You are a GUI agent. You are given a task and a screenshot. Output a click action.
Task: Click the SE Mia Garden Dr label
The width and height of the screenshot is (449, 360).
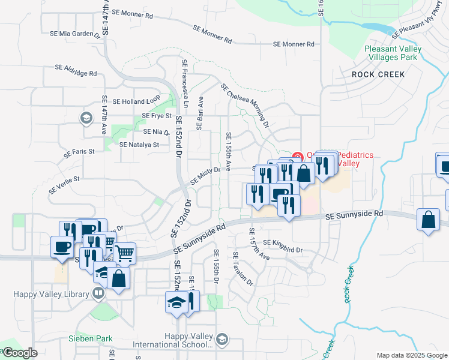(x=80, y=34)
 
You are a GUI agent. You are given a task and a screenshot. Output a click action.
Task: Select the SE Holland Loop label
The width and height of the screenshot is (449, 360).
(x=136, y=101)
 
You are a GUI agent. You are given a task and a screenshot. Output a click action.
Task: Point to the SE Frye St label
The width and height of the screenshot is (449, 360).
(x=157, y=116)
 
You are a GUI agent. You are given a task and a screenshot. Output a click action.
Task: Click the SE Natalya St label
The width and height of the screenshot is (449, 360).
(x=139, y=145)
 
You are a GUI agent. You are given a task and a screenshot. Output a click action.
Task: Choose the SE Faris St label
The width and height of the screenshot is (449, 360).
(x=80, y=152)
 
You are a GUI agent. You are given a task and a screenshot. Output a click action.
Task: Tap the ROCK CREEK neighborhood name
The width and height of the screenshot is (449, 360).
(x=378, y=74)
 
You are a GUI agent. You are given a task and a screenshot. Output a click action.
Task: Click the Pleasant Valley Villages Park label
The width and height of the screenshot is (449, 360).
(x=390, y=53)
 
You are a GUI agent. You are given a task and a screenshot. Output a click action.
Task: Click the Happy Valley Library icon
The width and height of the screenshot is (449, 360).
(x=98, y=294)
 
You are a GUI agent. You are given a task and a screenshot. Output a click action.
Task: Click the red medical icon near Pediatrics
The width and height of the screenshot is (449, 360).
(x=297, y=157)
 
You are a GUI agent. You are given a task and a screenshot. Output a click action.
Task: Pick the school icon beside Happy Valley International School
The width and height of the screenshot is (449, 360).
(x=222, y=340)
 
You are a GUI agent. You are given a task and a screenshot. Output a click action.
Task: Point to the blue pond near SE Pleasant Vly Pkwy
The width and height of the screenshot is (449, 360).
(x=375, y=28)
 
